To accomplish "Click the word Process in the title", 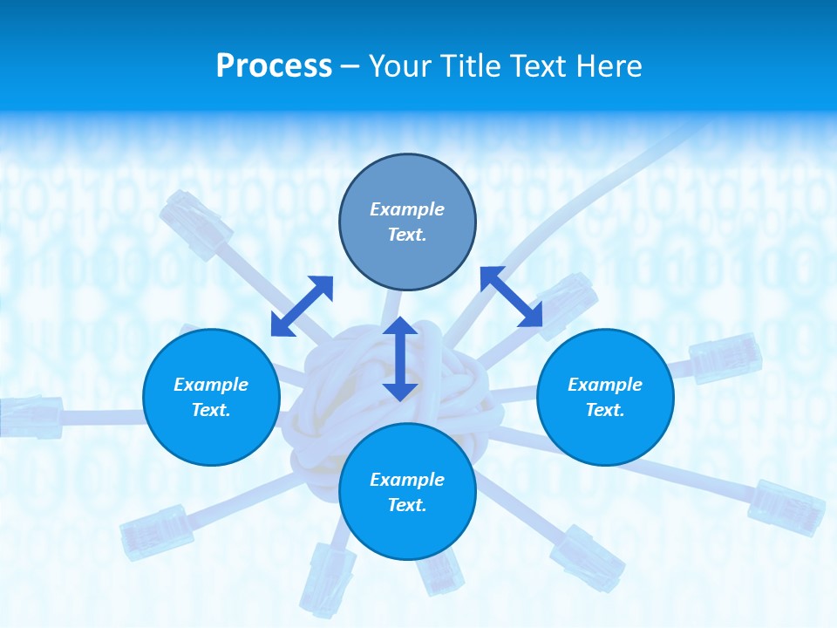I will [x=274, y=66].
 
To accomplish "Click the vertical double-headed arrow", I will [x=400, y=358].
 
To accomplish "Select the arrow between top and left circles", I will [x=302, y=306].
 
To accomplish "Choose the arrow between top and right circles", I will [x=512, y=297].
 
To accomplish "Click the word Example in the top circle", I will [x=407, y=209].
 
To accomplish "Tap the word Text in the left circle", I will [x=211, y=410].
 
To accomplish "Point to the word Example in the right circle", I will [x=605, y=385].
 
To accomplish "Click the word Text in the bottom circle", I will [x=407, y=505].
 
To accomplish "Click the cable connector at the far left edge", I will [x=31, y=415].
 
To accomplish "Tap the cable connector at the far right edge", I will [x=786, y=506].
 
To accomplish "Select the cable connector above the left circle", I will [x=196, y=225].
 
